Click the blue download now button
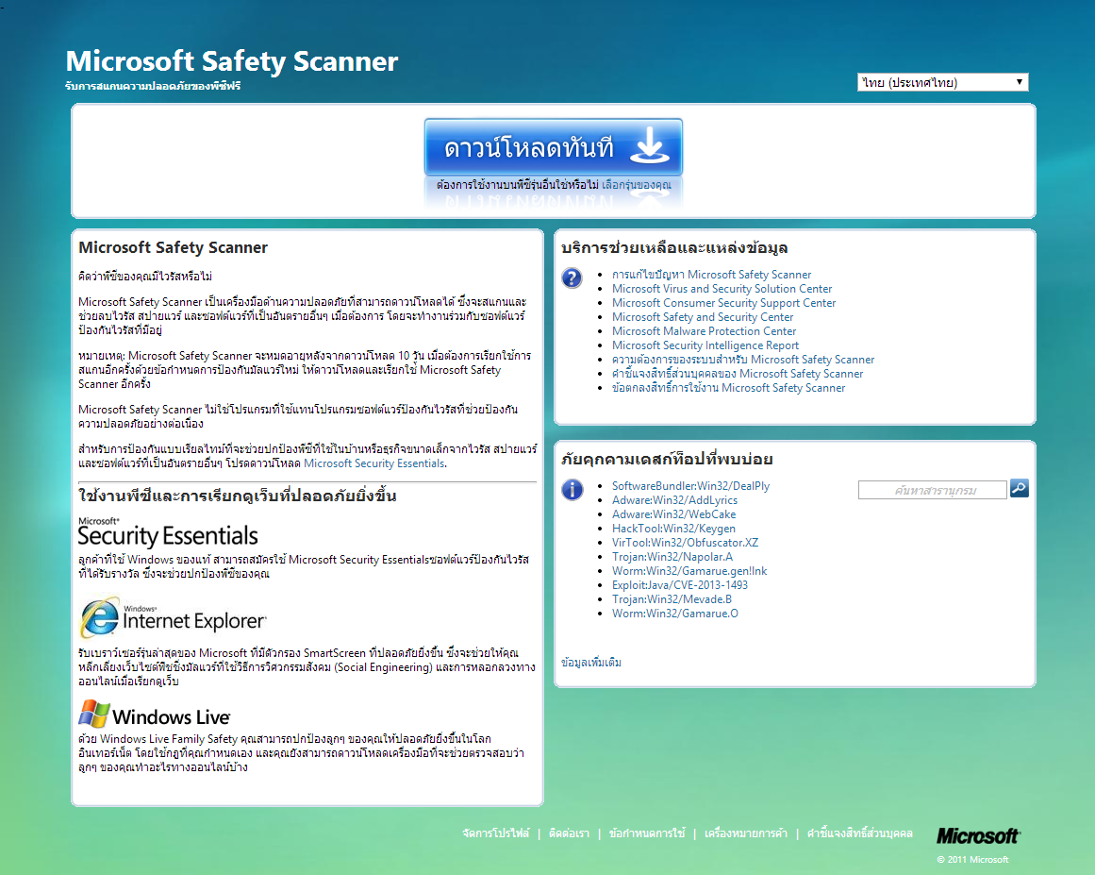click(x=553, y=147)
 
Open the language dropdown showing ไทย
click(x=942, y=82)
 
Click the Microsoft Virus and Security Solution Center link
click(x=722, y=289)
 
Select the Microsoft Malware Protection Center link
click(x=704, y=331)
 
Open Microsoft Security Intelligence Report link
click(x=705, y=345)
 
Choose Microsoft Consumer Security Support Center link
click(x=723, y=303)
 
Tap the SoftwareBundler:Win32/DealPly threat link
click(x=690, y=486)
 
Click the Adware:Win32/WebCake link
click(x=673, y=514)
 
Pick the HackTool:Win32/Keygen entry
click(x=673, y=529)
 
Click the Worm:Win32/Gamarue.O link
click(x=674, y=614)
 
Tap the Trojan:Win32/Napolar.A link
click(x=672, y=557)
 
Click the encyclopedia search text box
click(x=932, y=490)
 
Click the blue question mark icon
click(x=572, y=278)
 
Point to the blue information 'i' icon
click(x=572, y=490)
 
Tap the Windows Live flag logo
click(x=93, y=714)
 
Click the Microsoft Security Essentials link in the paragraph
click(x=373, y=463)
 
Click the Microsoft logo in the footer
click(x=977, y=835)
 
